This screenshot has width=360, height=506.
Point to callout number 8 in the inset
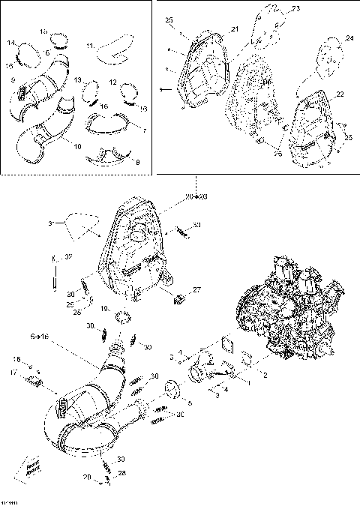click(135, 160)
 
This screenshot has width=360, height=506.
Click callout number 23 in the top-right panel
click(295, 9)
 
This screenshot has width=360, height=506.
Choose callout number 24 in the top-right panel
click(349, 37)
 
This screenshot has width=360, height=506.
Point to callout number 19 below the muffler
click(106, 308)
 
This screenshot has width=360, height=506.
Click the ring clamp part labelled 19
click(124, 312)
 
